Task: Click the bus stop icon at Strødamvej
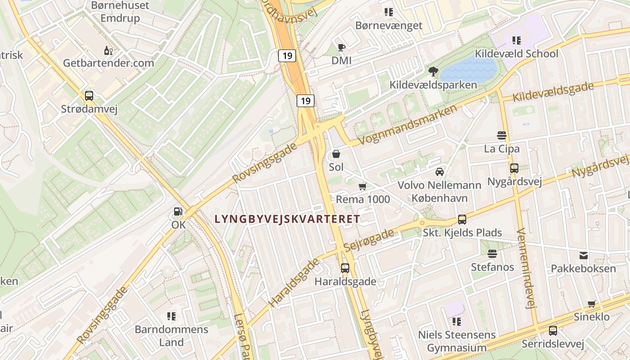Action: [x=89, y=95]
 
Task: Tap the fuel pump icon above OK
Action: [x=178, y=211]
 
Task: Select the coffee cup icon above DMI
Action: [x=341, y=47]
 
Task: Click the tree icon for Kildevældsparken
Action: [x=433, y=71]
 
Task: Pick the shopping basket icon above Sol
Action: [x=336, y=154]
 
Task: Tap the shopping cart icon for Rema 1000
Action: [x=363, y=186]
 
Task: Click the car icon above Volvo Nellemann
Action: [x=439, y=171]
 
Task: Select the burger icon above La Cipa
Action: [x=502, y=135]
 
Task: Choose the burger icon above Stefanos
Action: [x=492, y=254]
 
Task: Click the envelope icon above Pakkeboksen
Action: [x=583, y=256]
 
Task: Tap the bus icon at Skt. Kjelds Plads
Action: [x=462, y=220]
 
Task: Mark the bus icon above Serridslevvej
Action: [x=553, y=331]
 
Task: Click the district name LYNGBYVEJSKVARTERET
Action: [x=288, y=219]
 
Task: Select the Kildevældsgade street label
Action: [x=553, y=92]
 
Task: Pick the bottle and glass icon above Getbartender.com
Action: [x=108, y=50]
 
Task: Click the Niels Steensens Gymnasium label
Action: [x=457, y=341]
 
